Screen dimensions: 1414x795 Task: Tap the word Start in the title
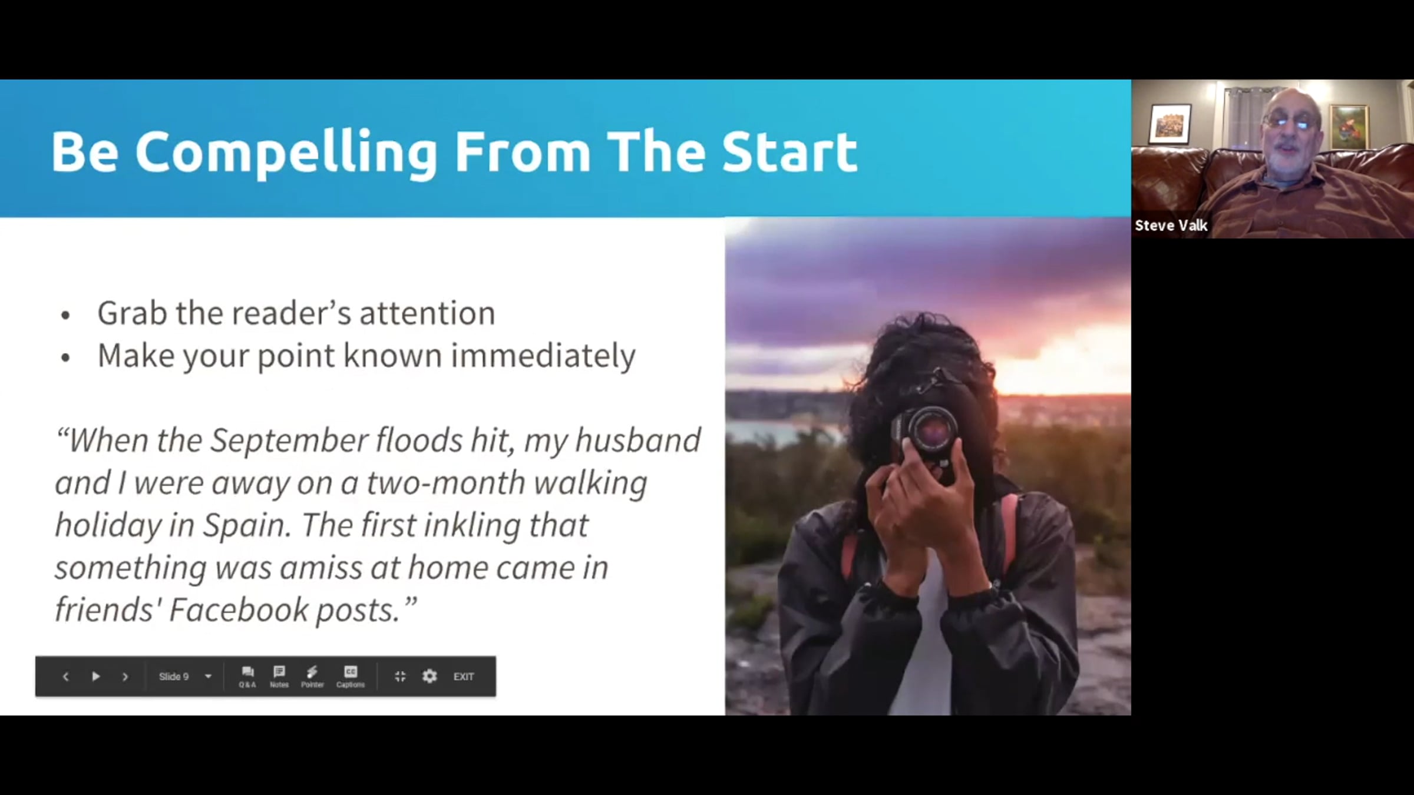[x=789, y=152]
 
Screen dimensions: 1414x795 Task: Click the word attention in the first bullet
[x=427, y=313]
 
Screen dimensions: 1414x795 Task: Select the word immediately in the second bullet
[x=543, y=356]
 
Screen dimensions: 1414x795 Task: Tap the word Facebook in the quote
[x=238, y=609]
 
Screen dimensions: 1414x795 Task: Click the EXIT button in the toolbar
[x=464, y=677]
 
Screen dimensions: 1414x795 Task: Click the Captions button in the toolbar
[x=351, y=677]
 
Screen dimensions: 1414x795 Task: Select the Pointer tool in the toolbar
[x=312, y=677]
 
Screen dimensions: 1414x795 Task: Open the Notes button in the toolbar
[x=279, y=677]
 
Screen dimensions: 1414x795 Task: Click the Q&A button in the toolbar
[x=247, y=677]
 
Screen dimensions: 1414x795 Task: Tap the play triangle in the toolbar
[x=96, y=677]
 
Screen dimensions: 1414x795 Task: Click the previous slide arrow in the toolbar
[x=65, y=677]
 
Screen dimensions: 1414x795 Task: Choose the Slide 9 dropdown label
[x=174, y=677]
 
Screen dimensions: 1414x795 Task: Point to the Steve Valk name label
[x=1171, y=226]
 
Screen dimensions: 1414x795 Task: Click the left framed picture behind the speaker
[x=1170, y=124]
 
